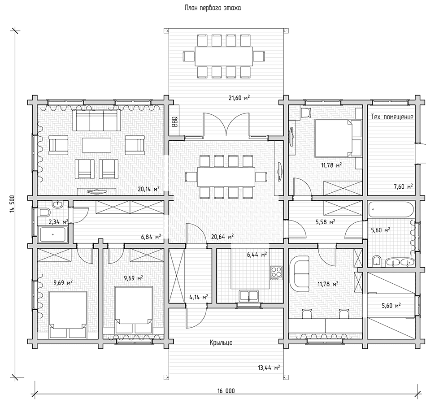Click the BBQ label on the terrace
point(174,121)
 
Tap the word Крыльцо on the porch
point(221,342)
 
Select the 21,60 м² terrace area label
point(239,97)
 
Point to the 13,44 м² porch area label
point(269,368)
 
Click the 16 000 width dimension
point(226,391)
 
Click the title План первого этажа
point(213,8)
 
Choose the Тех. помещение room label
point(392,117)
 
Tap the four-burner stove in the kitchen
point(276,273)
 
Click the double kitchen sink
point(248,296)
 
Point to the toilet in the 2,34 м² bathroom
point(44,212)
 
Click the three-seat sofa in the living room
point(96,120)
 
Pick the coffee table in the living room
point(97,145)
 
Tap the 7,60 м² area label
point(403,186)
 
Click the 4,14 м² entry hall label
point(199,297)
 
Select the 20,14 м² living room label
point(148,189)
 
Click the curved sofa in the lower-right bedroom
point(300,273)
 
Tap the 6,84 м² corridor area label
point(151,237)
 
